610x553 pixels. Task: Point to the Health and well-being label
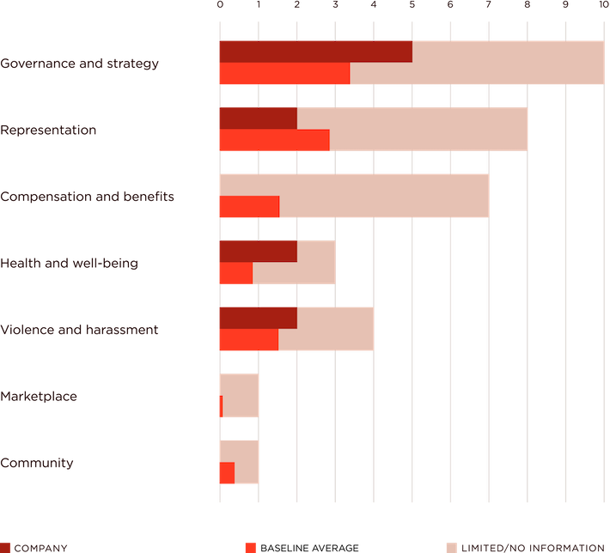(x=69, y=263)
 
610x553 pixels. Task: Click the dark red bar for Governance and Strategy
(x=314, y=52)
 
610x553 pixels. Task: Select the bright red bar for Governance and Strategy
(x=284, y=74)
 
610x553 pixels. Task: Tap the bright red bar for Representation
(x=273, y=140)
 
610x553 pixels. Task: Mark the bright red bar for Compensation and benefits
(x=248, y=207)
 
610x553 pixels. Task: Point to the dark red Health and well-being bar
(x=257, y=251)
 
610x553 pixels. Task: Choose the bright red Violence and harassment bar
(x=247, y=340)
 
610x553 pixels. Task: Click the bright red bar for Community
(x=226, y=473)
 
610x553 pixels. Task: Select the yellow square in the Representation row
(x=546, y=129)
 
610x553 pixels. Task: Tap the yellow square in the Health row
(x=353, y=262)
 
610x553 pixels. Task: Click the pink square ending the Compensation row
(x=507, y=196)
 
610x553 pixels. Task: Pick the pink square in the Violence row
(x=393, y=329)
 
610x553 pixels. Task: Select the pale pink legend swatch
(x=451, y=547)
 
